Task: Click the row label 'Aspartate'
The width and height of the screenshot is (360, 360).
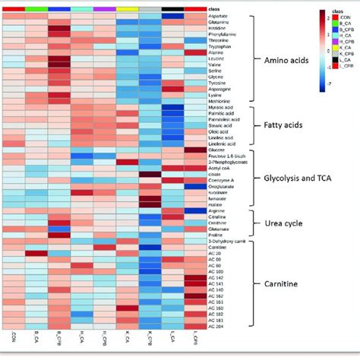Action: (x=218, y=16)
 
